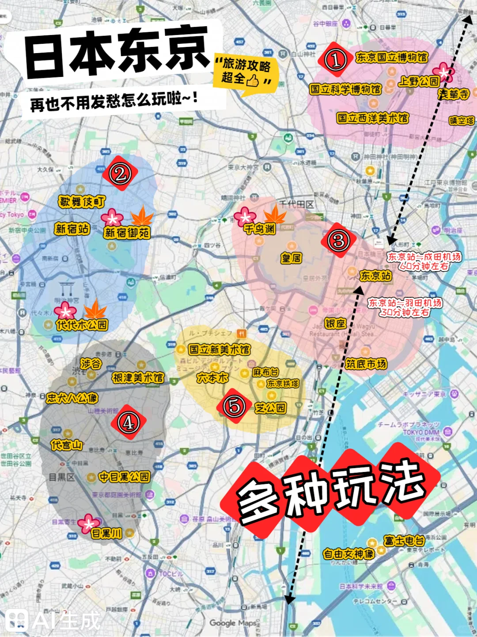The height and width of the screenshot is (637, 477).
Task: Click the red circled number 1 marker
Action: point(335,60)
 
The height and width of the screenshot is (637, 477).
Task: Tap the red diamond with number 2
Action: point(120,173)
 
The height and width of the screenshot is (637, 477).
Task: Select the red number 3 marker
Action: point(339,241)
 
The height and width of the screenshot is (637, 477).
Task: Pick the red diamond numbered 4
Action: point(128,422)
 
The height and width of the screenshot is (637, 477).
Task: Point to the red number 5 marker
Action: point(234,406)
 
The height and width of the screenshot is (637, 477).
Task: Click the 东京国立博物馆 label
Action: point(391,57)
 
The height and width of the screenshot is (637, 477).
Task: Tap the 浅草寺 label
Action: point(453,94)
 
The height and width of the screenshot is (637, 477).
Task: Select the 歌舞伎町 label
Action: point(82,202)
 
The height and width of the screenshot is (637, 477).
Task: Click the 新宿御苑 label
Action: point(127,233)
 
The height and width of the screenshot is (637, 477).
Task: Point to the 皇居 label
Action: point(291,258)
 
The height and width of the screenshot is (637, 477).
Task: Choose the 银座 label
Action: point(335,323)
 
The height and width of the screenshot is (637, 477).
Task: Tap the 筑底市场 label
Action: point(366,364)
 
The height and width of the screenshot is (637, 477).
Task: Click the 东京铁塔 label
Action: point(283,384)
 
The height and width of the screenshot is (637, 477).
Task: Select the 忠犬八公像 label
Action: point(72,398)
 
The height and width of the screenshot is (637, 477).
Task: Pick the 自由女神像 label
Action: point(348,553)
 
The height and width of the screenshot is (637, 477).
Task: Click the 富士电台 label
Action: point(404,540)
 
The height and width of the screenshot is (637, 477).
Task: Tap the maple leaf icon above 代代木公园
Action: point(95,308)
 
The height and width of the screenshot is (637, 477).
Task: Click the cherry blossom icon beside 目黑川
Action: point(88,524)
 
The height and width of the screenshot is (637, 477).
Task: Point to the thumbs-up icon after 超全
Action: point(253,80)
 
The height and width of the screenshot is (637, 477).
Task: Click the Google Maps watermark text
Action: point(233,623)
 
